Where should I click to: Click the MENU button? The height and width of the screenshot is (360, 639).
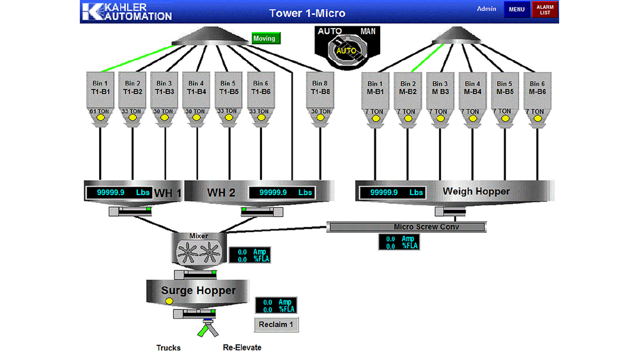click(x=516, y=10)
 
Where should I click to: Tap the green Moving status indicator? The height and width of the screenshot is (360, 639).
click(x=265, y=38)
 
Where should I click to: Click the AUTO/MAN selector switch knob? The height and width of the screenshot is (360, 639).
click(x=346, y=49)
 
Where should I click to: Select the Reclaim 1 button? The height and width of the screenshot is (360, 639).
click(x=276, y=325)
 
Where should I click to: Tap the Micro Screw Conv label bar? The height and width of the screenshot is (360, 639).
click(x=407, y=227)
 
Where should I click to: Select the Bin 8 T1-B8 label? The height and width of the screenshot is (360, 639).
click(x=321, y=88)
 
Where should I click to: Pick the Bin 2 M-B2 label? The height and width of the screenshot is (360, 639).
click(x=407, y=88)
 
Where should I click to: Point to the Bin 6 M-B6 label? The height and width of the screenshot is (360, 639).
click(x=537, y=88)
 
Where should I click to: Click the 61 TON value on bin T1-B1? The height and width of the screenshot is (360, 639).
click(x=99, y=112)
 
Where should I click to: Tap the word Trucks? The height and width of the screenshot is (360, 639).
click(x=169, y=348)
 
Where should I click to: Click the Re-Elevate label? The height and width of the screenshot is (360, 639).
click(x=242, y=348)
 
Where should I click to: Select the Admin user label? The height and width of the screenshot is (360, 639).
click(x=486, y=9)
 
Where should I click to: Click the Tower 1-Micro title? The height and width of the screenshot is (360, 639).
click(x=307, y=13)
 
